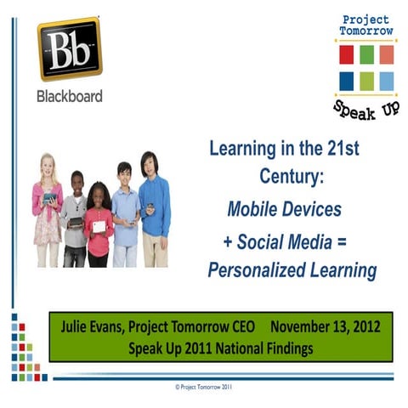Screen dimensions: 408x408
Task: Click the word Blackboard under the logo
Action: click(x=69, y=96)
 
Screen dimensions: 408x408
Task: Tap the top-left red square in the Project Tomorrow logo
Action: click(x=346, y=54)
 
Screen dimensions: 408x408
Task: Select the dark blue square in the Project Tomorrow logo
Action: click(x=346, y=82)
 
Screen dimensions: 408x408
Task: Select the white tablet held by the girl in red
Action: click(x=100, y=227)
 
